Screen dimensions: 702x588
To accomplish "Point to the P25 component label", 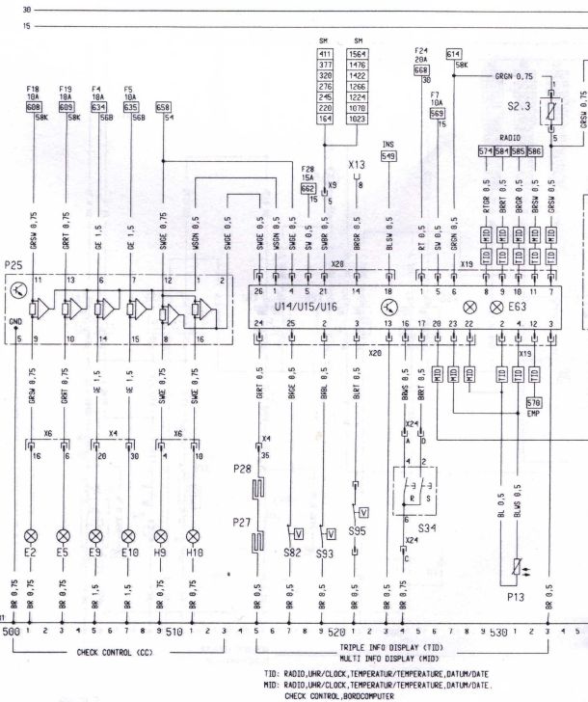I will click(x=13, y=263).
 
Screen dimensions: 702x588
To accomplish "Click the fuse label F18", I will click(x=33, y=89).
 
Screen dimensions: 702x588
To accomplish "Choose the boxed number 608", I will click(x=33, y=107).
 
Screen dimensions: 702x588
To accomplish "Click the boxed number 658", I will click(x=163, y=107).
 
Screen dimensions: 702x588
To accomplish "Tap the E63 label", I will click(x=533, y=306).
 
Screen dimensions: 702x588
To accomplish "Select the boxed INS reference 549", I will click(x=388, y=155).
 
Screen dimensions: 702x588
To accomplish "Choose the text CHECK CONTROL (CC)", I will click(x=116, y=652).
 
